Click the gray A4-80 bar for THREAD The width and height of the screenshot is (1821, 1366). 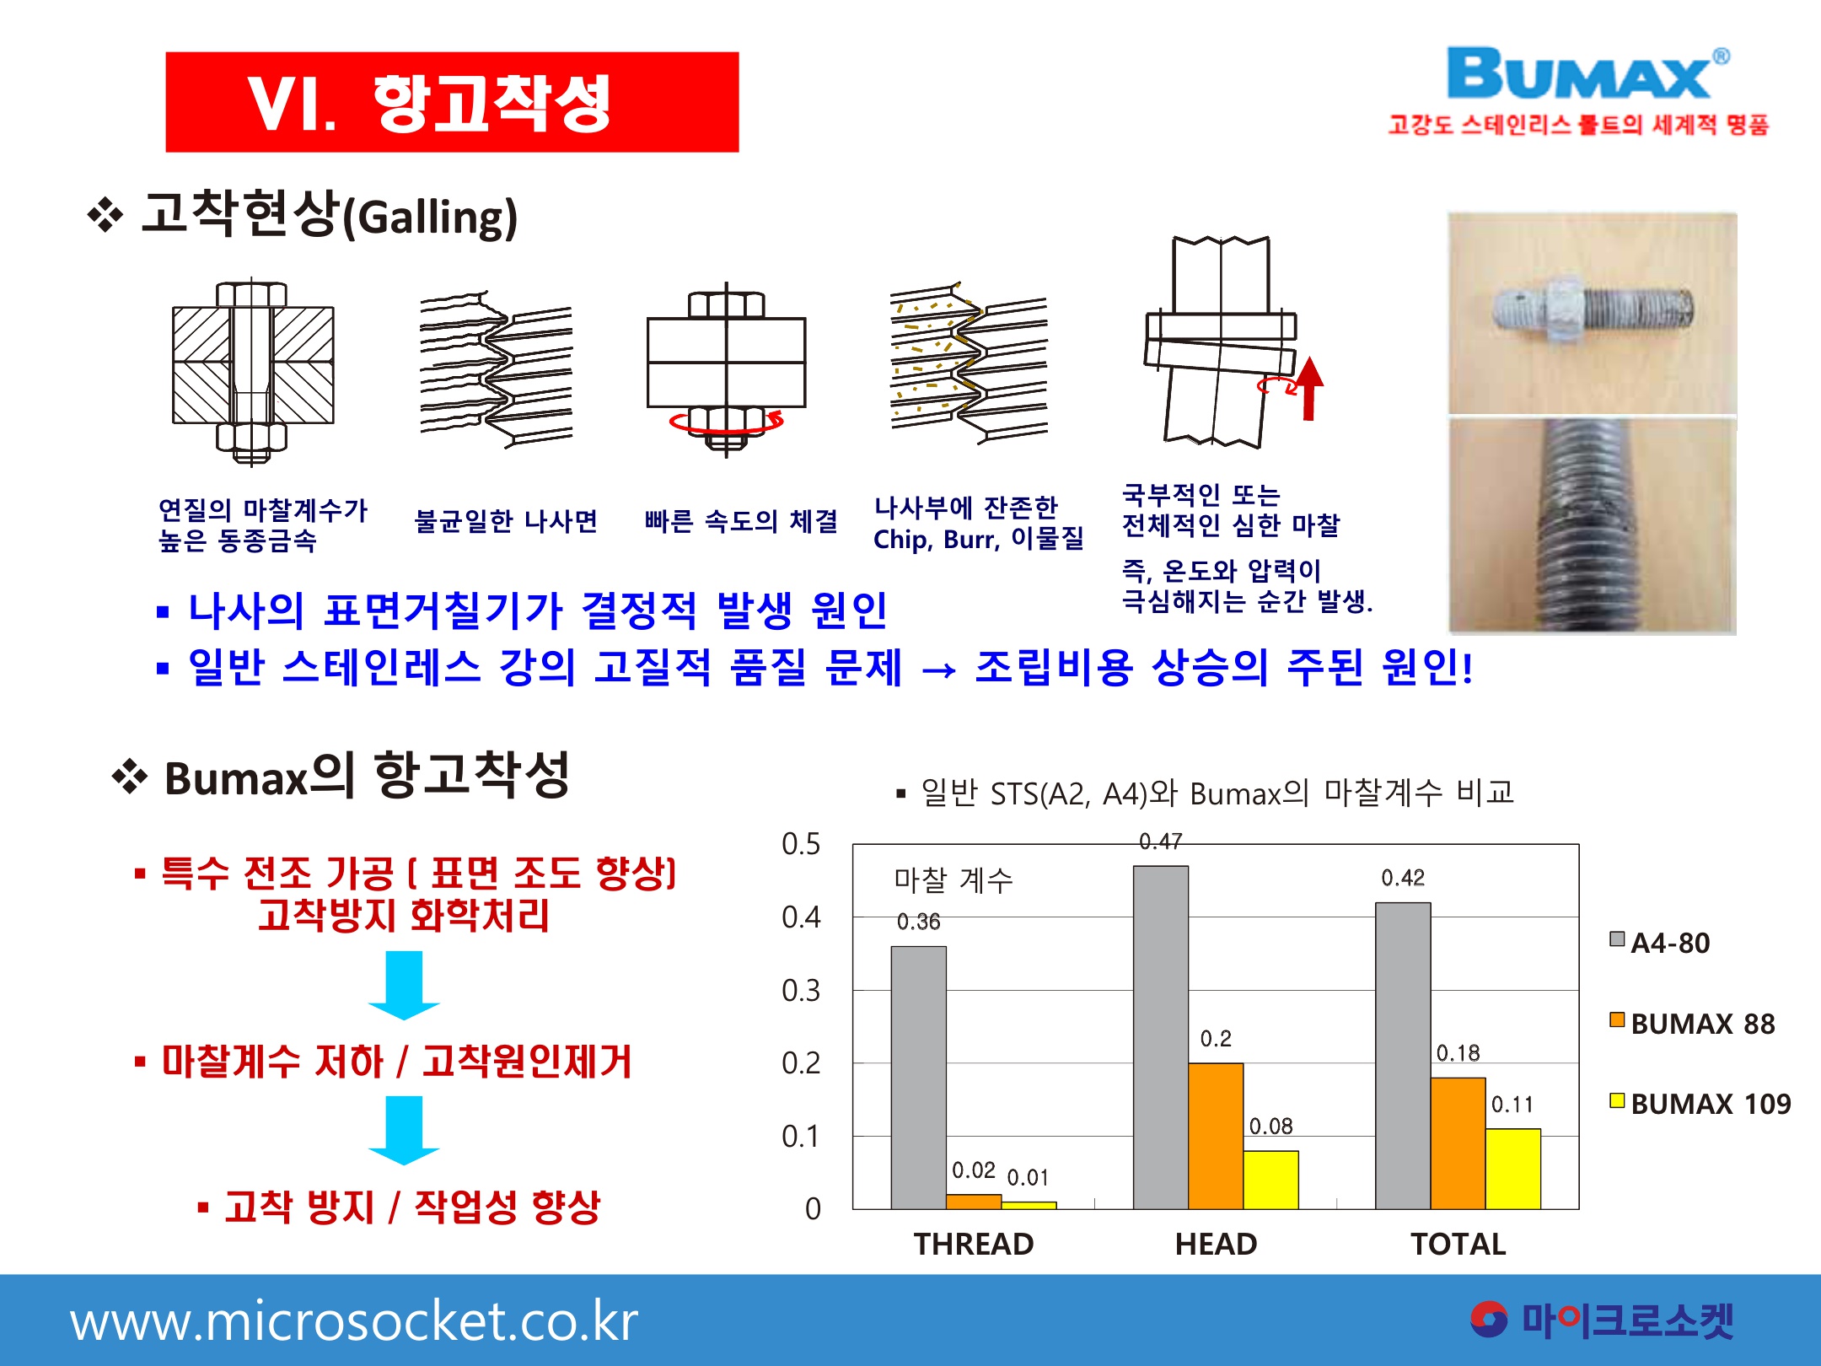[918, 1078]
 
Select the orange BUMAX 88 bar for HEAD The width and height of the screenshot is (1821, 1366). [1216, 1136]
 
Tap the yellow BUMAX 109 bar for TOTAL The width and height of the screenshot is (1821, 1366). [1513, 1169]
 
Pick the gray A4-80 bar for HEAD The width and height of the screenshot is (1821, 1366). [1161, 1037]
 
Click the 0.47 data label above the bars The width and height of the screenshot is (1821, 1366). [1161, 842]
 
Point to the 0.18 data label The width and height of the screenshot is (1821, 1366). [1458, 1053]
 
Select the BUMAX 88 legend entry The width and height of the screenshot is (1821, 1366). [1693, 1024]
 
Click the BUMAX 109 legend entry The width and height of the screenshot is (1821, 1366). [1700, 1104]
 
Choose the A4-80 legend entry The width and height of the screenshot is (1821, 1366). [1660, 943]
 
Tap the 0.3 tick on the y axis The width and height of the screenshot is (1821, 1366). [801, 991]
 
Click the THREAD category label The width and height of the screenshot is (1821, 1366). [974, 1245]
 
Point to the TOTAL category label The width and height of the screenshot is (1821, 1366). [1458, 1245]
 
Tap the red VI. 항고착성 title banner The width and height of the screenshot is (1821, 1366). [452, 102]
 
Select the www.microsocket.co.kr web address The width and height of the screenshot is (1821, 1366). [354, 1321]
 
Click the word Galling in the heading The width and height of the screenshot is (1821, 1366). [437, 217]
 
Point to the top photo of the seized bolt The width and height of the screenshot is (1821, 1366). [1593, 313]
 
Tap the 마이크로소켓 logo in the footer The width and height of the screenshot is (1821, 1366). [1602, 1320]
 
